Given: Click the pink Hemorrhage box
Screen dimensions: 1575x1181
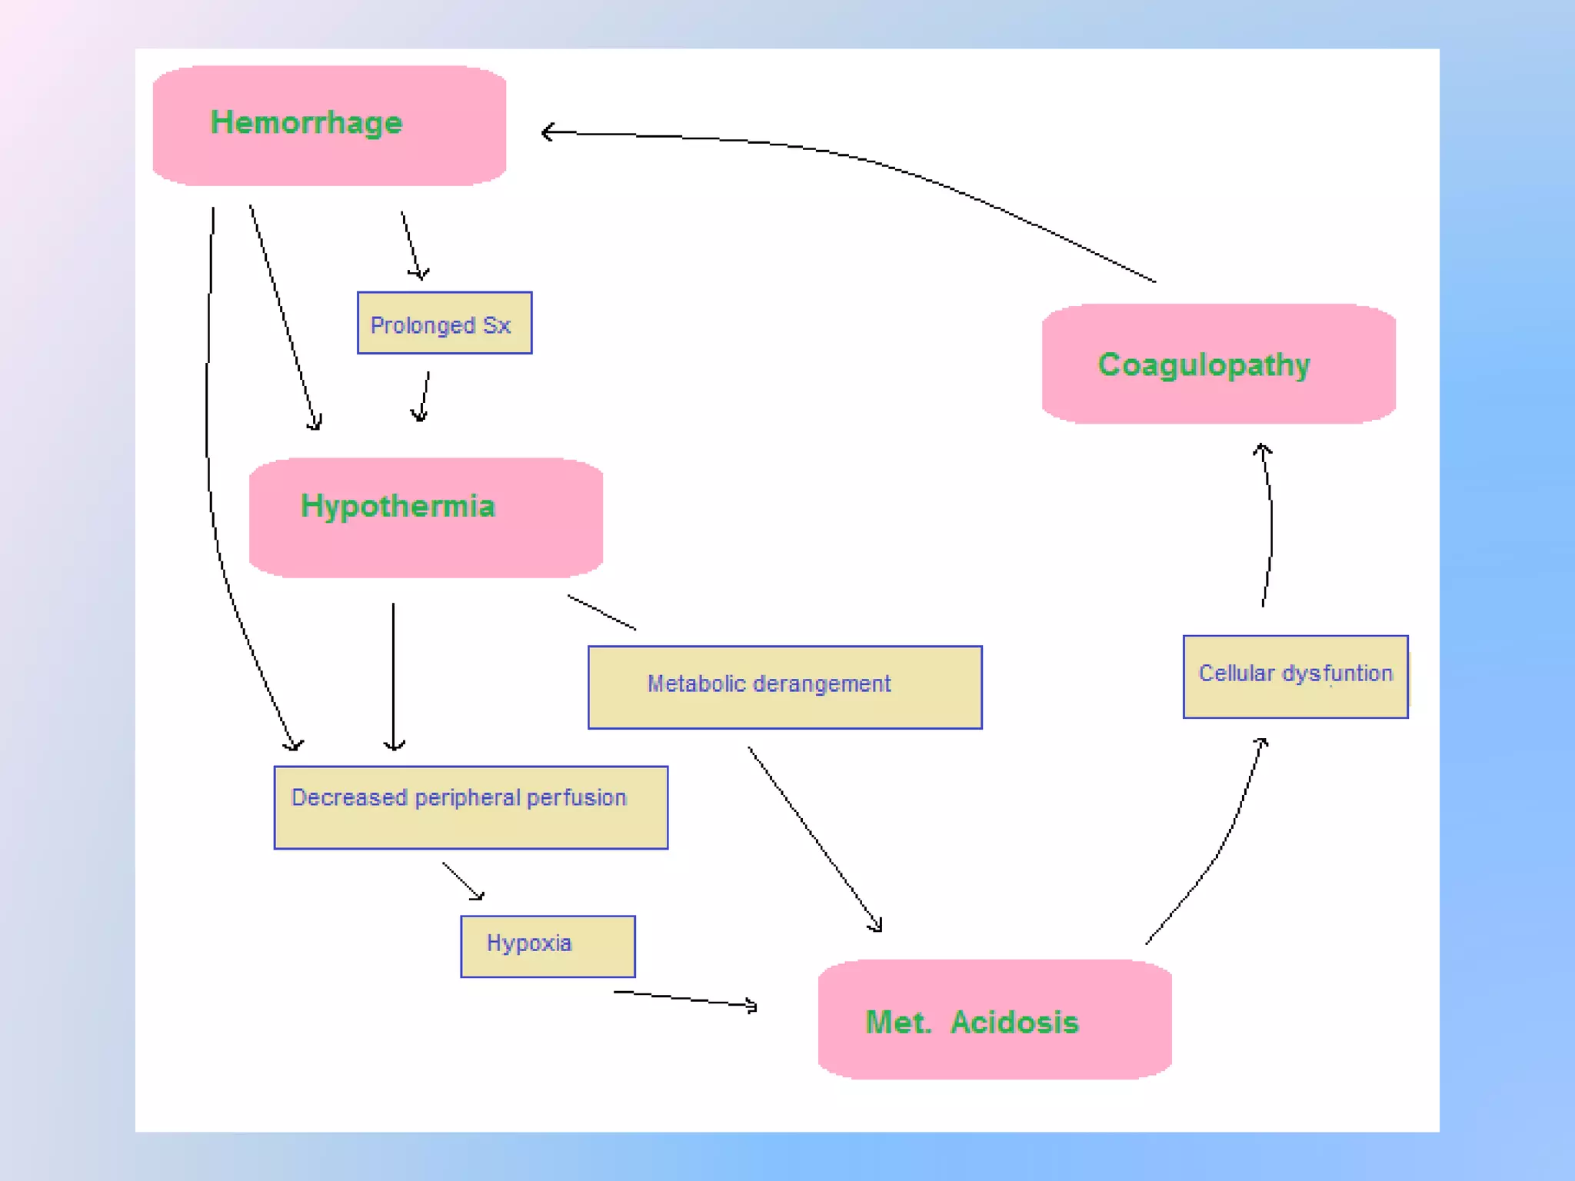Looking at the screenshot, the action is pos(329,125).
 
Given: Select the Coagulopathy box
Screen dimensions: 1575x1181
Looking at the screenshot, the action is pos(1219,364).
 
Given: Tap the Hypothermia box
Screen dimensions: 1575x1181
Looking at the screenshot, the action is pos(426,517).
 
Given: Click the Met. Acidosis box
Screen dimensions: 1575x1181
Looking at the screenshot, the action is pos(995,1020).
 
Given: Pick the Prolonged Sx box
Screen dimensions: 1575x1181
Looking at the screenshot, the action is pos(445,323).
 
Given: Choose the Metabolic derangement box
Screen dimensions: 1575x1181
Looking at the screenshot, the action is pos(785,687).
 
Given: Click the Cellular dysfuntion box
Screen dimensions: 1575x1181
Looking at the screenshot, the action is pos(1296,677).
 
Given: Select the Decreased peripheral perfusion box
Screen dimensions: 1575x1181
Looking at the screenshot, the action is pos(471,807).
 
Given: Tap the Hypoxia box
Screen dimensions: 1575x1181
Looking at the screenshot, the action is pos(548,946).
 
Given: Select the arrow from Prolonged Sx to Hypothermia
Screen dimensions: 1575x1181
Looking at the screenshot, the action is pos(423,397).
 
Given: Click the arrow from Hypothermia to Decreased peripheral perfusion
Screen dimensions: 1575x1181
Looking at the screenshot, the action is pos(394,677).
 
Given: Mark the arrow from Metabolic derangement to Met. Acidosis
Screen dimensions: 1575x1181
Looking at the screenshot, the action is pos(815,839).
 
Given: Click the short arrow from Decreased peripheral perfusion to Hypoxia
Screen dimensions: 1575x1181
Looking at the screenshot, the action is pos(463,881).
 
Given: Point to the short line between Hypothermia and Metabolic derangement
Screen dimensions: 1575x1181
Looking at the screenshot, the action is pos(602,612).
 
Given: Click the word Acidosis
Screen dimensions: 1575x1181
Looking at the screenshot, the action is pos(1015,1022).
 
